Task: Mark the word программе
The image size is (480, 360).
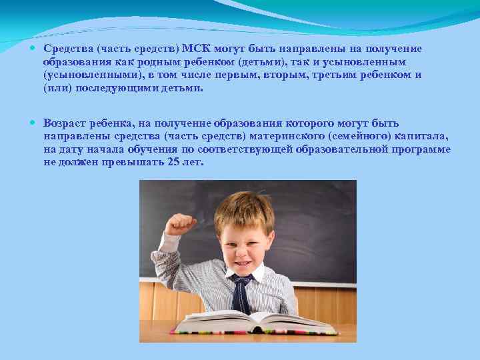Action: click(x=420, y=149)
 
